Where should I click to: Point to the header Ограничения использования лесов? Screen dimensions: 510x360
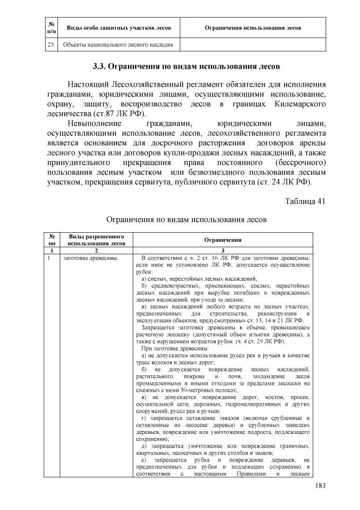coord(252,28)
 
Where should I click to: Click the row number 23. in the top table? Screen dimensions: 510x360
coord(50,45)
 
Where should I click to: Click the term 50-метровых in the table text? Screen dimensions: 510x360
coord(203,388)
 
